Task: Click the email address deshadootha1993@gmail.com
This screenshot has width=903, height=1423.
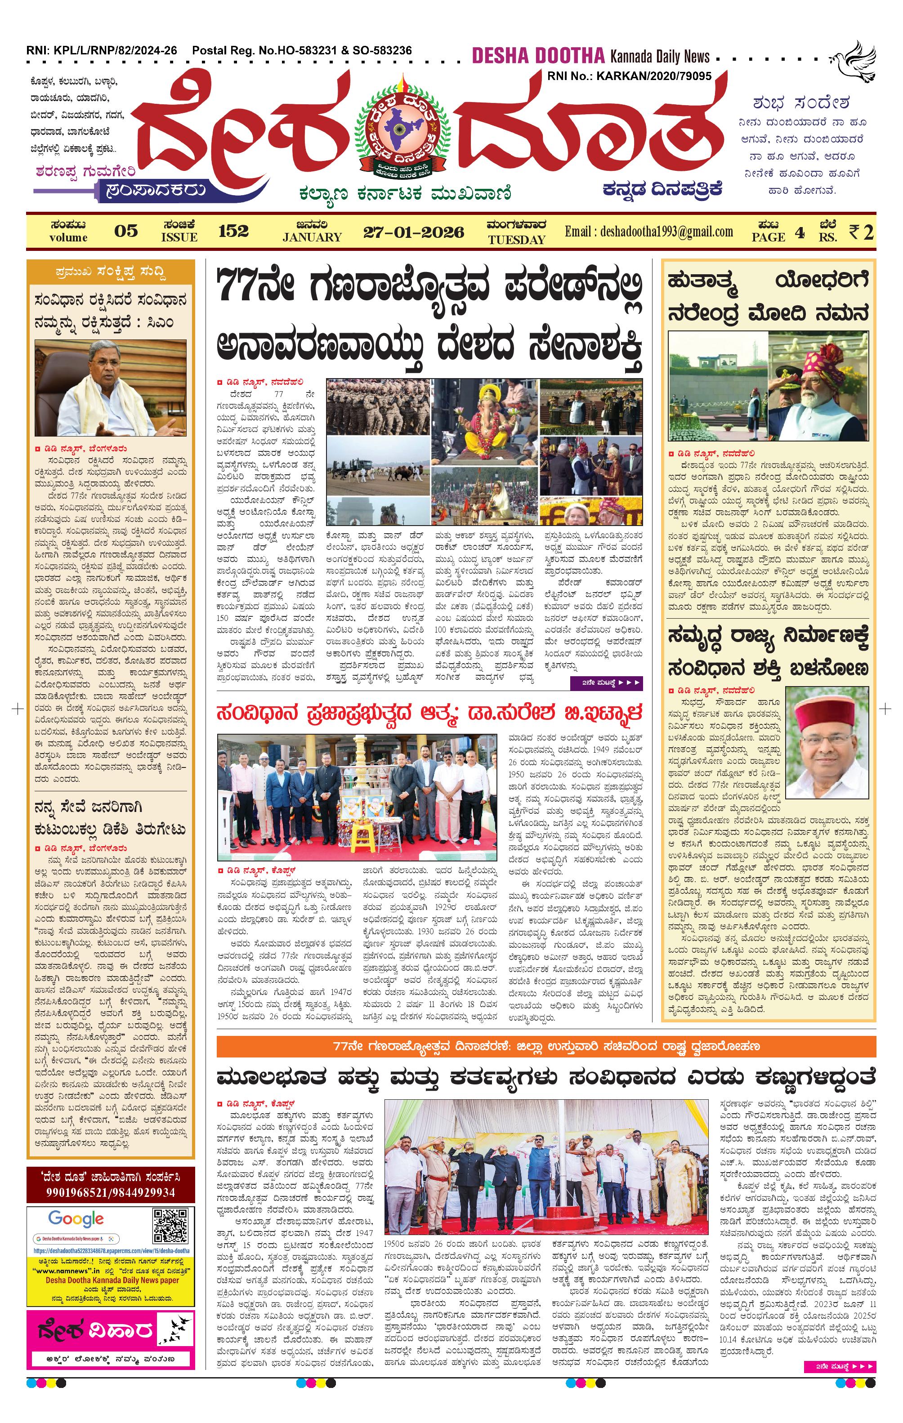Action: pos(648,232)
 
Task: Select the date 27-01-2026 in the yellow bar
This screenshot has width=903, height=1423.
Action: pos(413,232)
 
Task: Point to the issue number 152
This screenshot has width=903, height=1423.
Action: pos(233,231)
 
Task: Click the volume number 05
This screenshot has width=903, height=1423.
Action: pos(126,231)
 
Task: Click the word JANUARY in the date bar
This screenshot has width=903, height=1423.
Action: pos(312,237)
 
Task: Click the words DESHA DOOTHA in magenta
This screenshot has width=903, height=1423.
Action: pos(538,57)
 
